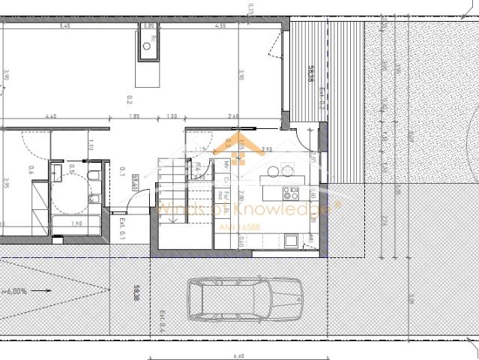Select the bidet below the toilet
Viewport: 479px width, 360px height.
tap(95, 198)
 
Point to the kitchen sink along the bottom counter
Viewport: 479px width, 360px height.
tap(291, 240)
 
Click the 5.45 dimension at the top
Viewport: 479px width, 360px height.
tap(65, 26)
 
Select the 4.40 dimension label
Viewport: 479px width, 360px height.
tap(51, 116)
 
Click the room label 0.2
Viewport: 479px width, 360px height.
tap(129, 100)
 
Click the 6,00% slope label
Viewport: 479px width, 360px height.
tap(15, 290)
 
